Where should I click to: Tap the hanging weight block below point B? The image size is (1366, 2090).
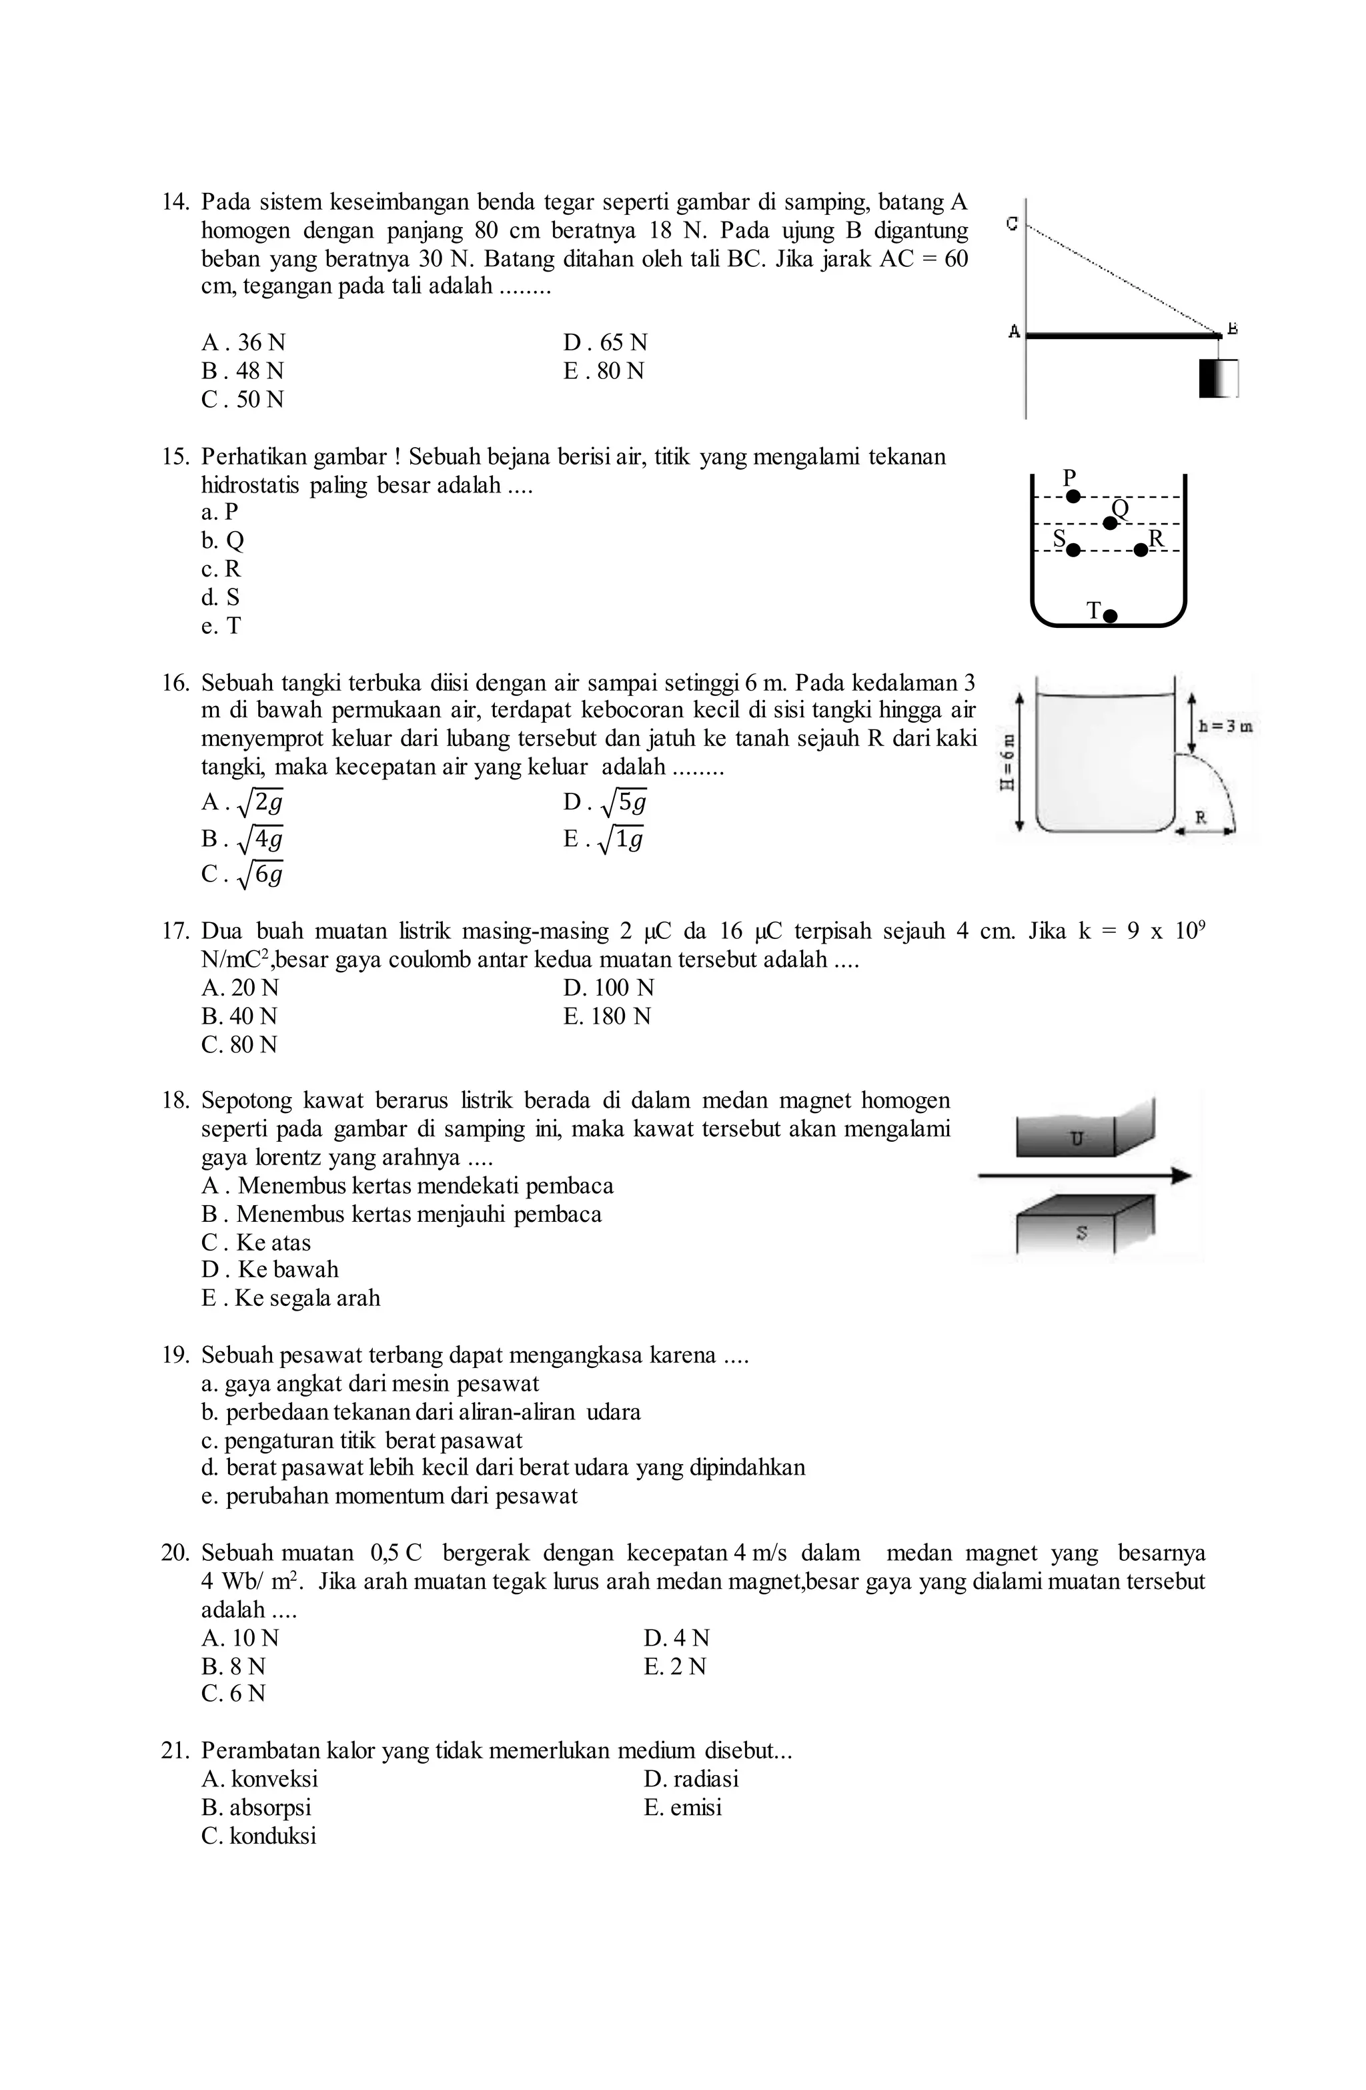1218,378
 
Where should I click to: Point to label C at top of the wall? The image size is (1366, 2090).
1012,224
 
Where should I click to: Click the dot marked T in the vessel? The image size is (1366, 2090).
1110,615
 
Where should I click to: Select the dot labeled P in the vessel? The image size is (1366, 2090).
1073,496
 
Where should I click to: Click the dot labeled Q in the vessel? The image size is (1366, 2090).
1110,523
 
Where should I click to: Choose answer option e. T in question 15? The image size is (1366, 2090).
221,626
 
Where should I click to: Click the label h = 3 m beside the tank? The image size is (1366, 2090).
1225,726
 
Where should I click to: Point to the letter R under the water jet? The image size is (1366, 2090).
1201,817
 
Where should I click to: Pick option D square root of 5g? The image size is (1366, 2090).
606,801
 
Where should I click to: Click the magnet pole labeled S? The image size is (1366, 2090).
1081,1233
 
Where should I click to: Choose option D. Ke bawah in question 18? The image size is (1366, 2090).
269,1270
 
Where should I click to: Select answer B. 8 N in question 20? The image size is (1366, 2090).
233,1666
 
